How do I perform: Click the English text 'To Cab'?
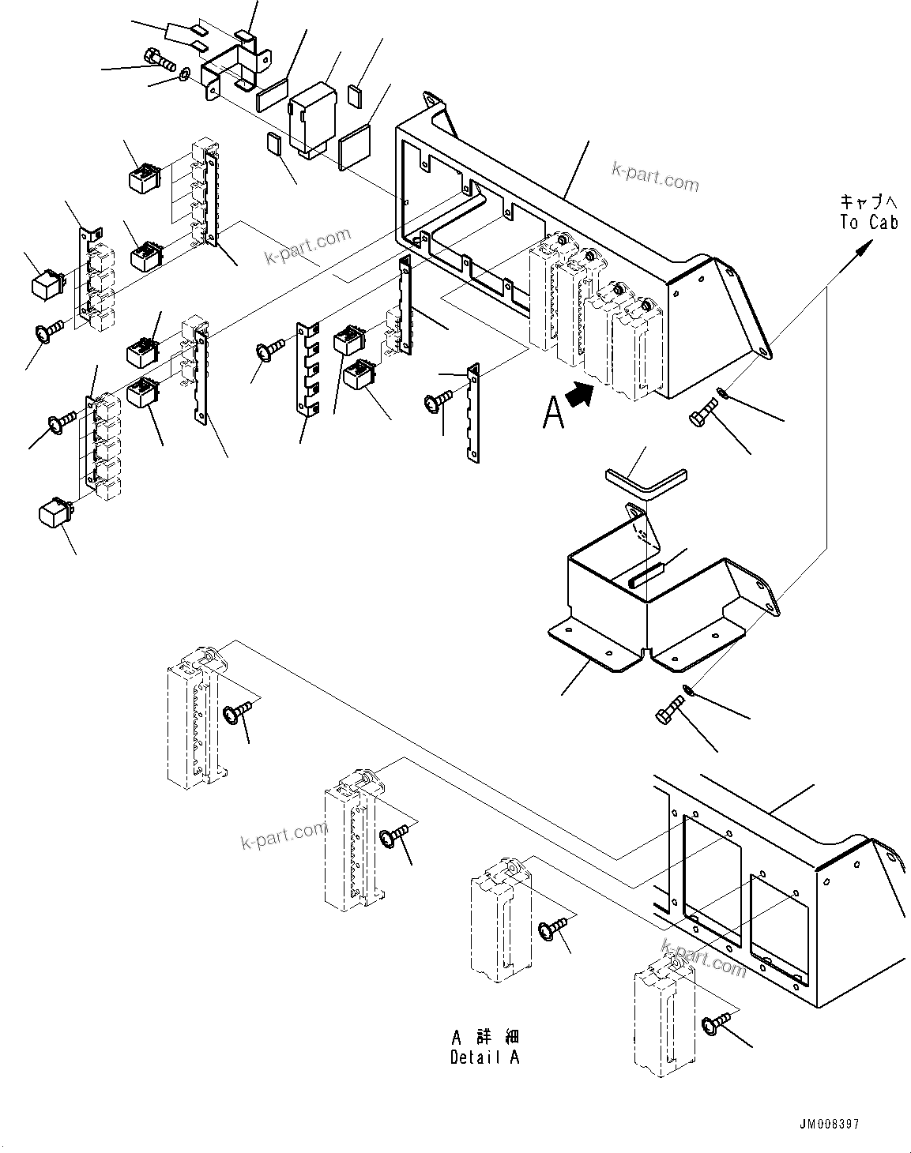click(868, 223)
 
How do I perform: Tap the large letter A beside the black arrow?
click(553, 412)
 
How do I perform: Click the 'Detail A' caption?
click(485, 1057)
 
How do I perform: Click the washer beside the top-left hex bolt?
click(183, 75)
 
